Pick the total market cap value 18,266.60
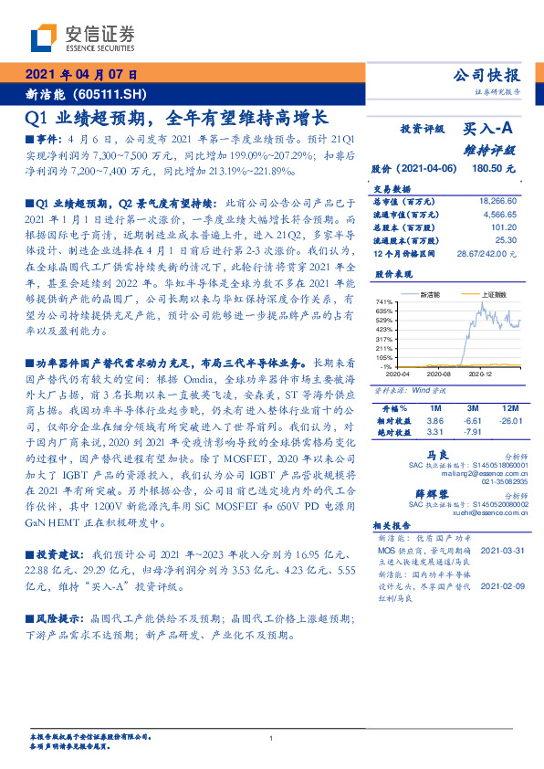pyautogui.click(x=498, y=199)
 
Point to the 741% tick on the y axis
pyautogui.click(x=382, y=301)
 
